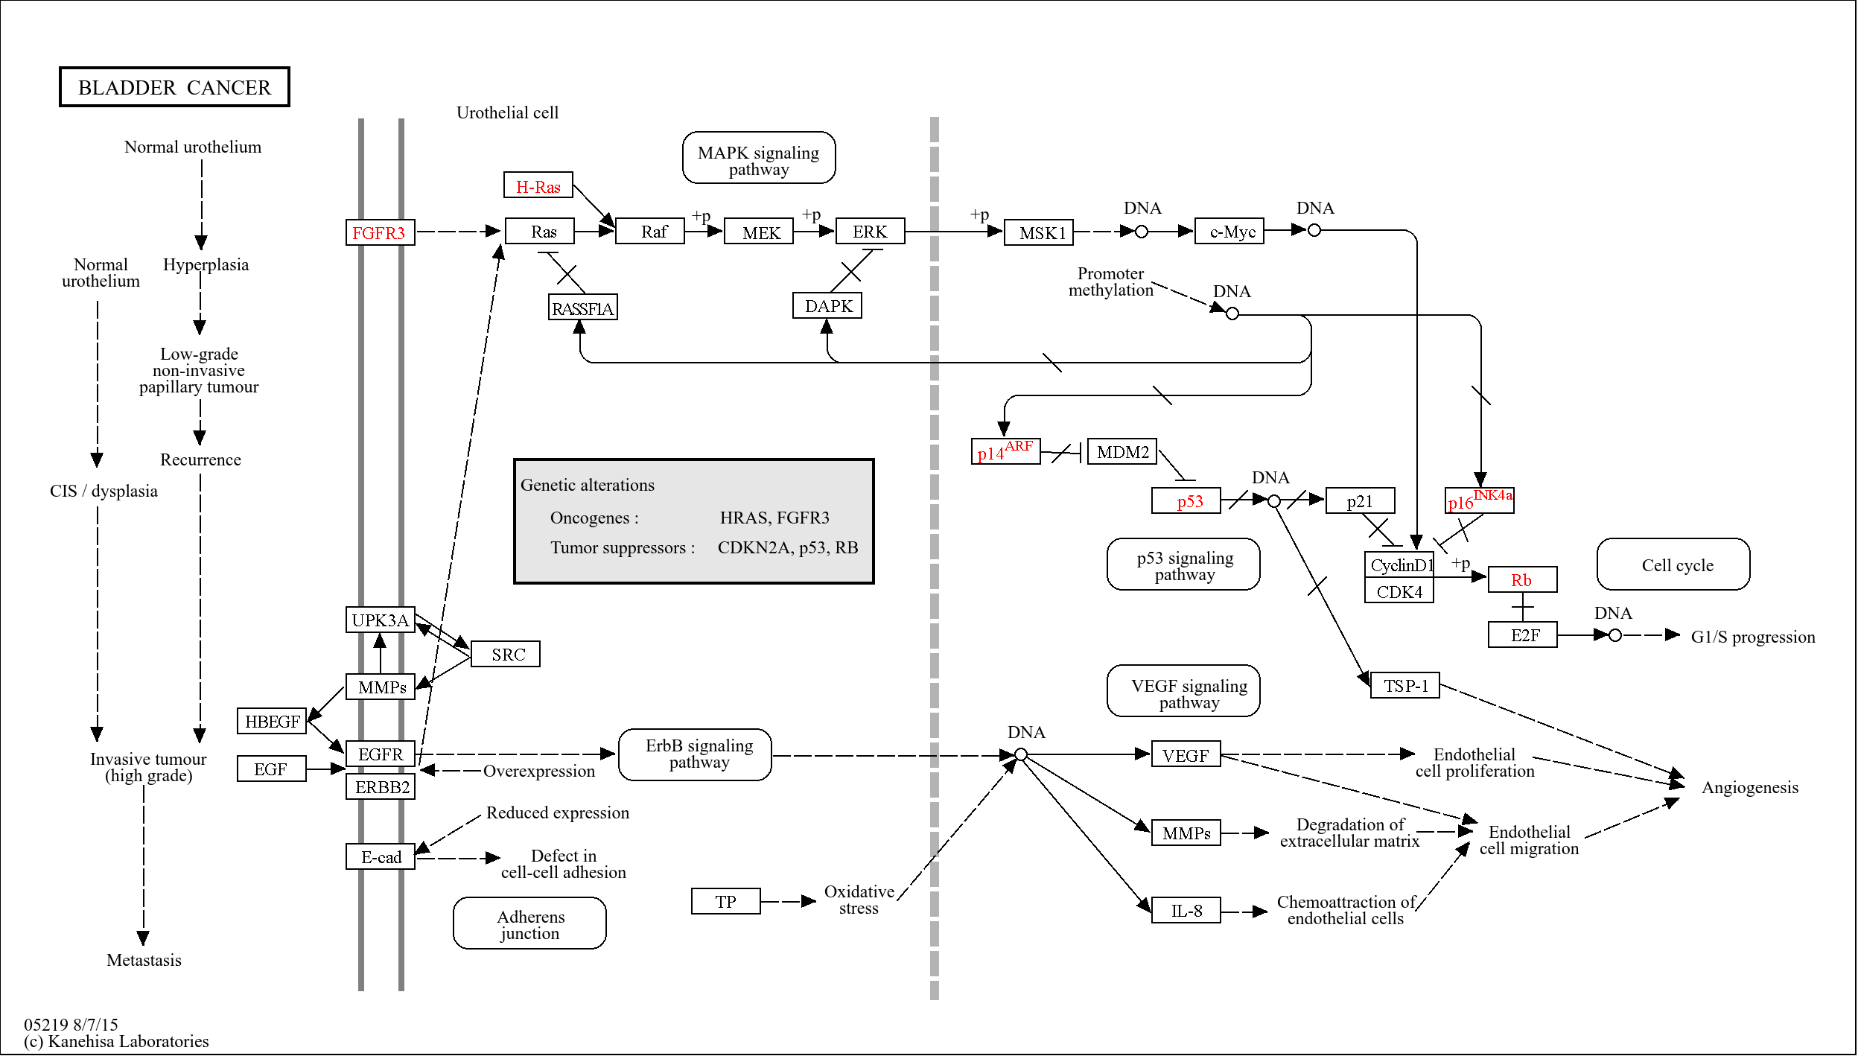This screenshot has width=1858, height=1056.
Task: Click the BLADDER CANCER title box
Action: pos(174,87)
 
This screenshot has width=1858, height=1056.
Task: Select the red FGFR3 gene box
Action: pos(380,232)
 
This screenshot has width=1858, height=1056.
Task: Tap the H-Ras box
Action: pos(538,185)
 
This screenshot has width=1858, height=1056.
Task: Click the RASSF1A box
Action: pos(582,308)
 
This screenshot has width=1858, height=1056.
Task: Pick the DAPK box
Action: pos(827,306)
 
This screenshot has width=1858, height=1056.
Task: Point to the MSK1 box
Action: pos(1038,232)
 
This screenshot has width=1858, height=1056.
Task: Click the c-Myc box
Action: pos(1229,232)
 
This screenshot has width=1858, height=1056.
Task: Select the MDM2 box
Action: pos(1122,452)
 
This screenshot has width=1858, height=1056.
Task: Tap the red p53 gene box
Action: pos(1186,500)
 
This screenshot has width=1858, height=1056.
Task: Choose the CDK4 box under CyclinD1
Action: pos(1399,591)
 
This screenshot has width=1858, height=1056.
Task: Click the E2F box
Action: pos(1522,635)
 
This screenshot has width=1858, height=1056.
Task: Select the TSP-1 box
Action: pos(1404,685)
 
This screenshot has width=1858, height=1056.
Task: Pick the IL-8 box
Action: pos(1186,910)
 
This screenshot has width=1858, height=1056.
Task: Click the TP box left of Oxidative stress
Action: pos(725,901)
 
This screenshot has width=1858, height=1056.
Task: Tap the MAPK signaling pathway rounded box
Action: pos(758,159)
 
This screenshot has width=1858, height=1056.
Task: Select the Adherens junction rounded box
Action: pos(529,923)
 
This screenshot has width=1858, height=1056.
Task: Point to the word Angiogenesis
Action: pos(1749,787)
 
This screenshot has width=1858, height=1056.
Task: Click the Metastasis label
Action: pos(144,960)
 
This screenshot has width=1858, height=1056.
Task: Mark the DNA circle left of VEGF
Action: pos(1021,755)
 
